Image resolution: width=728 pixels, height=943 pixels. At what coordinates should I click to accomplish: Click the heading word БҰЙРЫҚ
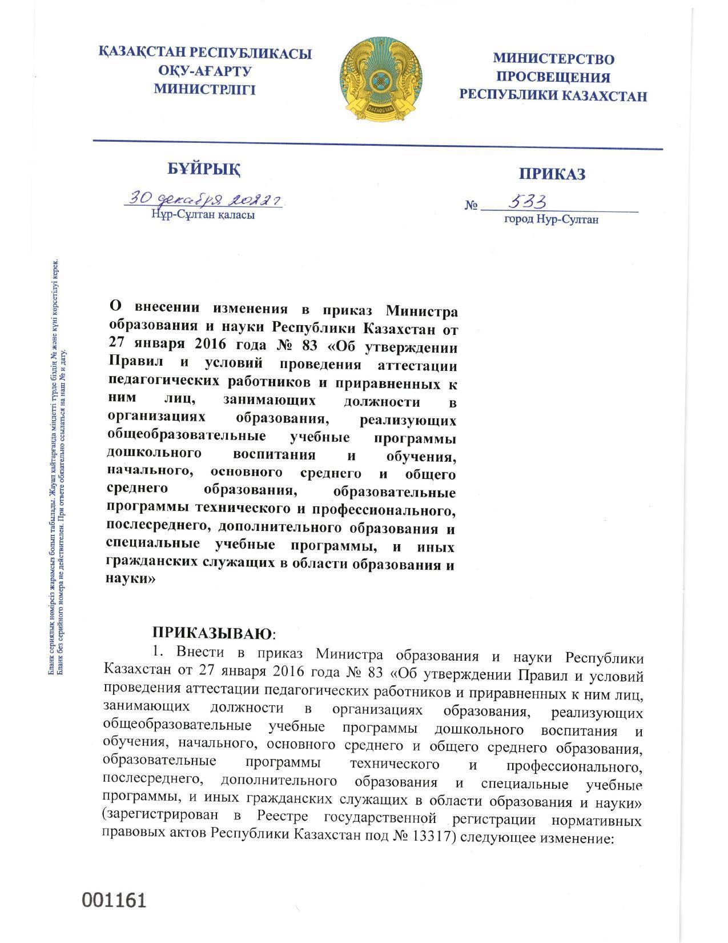point(204,170)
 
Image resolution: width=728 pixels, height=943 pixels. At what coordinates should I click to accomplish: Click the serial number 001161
point(115,900)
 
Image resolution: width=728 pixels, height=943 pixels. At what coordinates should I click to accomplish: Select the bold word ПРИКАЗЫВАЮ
point(212,633)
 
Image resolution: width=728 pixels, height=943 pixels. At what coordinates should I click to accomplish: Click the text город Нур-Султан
point(551,219)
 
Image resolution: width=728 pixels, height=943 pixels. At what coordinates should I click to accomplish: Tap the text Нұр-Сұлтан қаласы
point(203,215)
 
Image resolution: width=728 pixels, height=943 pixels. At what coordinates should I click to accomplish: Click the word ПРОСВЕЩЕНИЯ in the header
point(553,77)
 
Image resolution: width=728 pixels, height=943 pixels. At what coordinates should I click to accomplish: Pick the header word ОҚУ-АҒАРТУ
point(205,71)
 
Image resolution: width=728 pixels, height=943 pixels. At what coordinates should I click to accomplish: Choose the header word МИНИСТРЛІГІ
point(205,89)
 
